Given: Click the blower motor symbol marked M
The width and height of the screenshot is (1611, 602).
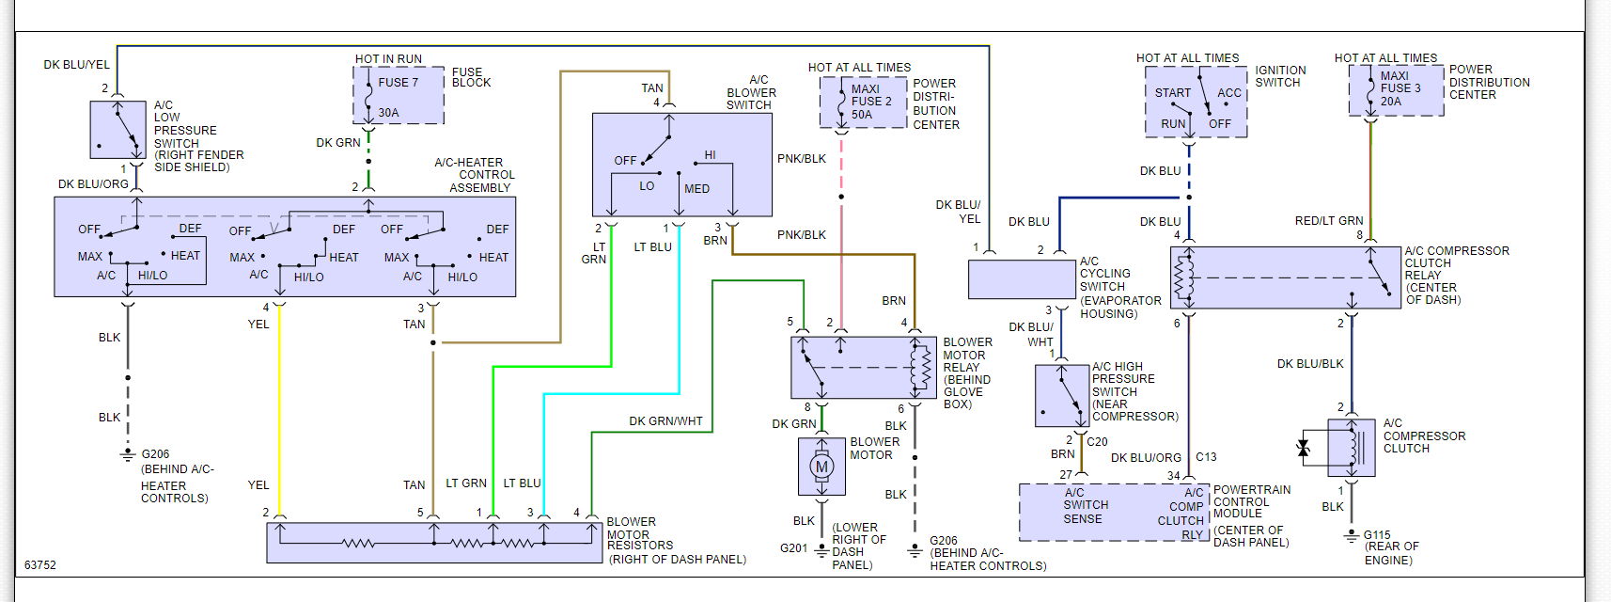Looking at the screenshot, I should [821, 467].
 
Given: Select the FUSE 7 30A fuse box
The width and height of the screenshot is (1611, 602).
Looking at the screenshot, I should [399, 95].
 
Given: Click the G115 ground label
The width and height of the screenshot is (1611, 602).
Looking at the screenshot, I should [1377, 535].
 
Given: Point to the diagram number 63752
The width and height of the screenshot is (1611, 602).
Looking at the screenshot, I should [40, 565].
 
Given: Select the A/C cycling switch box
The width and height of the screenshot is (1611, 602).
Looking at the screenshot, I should [1022, 279].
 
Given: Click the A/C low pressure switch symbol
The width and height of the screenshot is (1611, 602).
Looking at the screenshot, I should [117, 130].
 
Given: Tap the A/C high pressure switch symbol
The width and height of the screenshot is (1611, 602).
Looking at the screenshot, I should [1061, 396].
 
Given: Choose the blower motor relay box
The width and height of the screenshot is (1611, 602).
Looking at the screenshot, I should [864, 367].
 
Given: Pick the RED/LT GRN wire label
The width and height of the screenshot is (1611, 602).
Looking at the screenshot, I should [1328, 221].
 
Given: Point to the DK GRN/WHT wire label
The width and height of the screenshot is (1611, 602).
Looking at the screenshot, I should [665, 421].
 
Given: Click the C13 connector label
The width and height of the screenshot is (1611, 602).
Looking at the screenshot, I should [1206, 457].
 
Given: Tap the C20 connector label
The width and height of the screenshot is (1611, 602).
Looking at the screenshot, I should [1097, 442].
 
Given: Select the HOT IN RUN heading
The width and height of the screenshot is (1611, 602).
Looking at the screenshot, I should [388, 59].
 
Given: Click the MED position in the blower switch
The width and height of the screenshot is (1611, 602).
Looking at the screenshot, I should [696, 189].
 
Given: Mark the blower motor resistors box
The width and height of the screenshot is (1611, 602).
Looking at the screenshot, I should [434, 543].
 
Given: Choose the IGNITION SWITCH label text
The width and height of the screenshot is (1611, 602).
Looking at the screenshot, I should [1280, 76].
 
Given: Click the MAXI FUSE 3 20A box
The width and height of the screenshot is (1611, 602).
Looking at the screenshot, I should [1396, 90].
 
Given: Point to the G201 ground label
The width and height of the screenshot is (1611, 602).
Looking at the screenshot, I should [793, 547].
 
